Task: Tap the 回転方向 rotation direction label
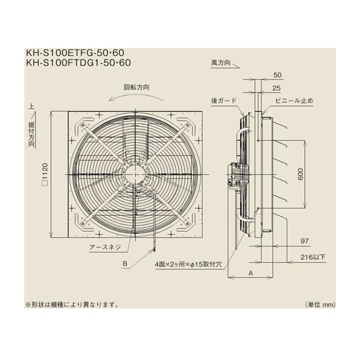(x=137, y=87)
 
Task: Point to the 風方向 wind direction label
(x=221, y=62)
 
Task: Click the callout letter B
(x=124, y=263)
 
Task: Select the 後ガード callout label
(x=224, y=100)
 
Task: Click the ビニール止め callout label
(x=294, y=100)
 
